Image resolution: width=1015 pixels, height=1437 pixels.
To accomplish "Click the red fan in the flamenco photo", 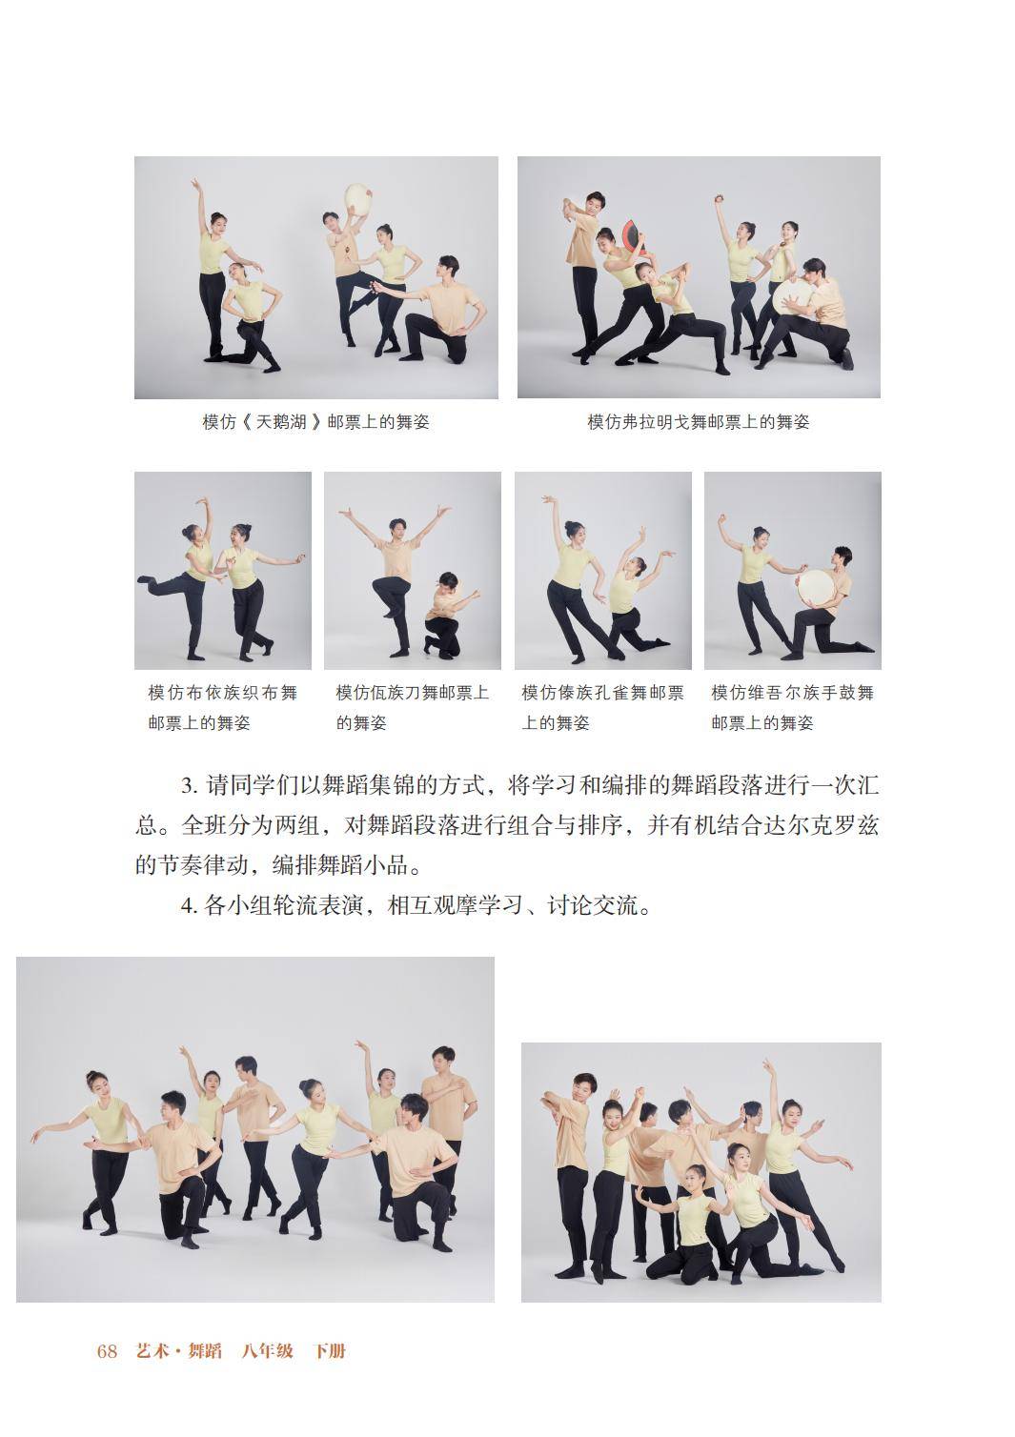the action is [x=634, y=240].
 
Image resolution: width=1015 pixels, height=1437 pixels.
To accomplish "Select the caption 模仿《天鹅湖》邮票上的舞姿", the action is [x=315, y=422].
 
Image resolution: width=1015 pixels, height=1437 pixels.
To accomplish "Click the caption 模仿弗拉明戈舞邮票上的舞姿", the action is [x=699, y=422].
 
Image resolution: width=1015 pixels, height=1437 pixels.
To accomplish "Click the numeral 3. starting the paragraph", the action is [x=190, y=786].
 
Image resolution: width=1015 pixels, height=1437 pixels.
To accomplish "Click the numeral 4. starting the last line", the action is [x=190, y=905].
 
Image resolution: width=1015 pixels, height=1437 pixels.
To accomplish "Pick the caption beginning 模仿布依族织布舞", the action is [x=223, y=708].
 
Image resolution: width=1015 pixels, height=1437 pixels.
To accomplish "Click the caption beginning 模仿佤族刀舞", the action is [x=413, y=708].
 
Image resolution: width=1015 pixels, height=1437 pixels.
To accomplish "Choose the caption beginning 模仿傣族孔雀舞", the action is [x=602, y=708].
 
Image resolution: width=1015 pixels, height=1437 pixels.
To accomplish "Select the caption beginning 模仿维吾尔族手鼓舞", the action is [x=792, y=708].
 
